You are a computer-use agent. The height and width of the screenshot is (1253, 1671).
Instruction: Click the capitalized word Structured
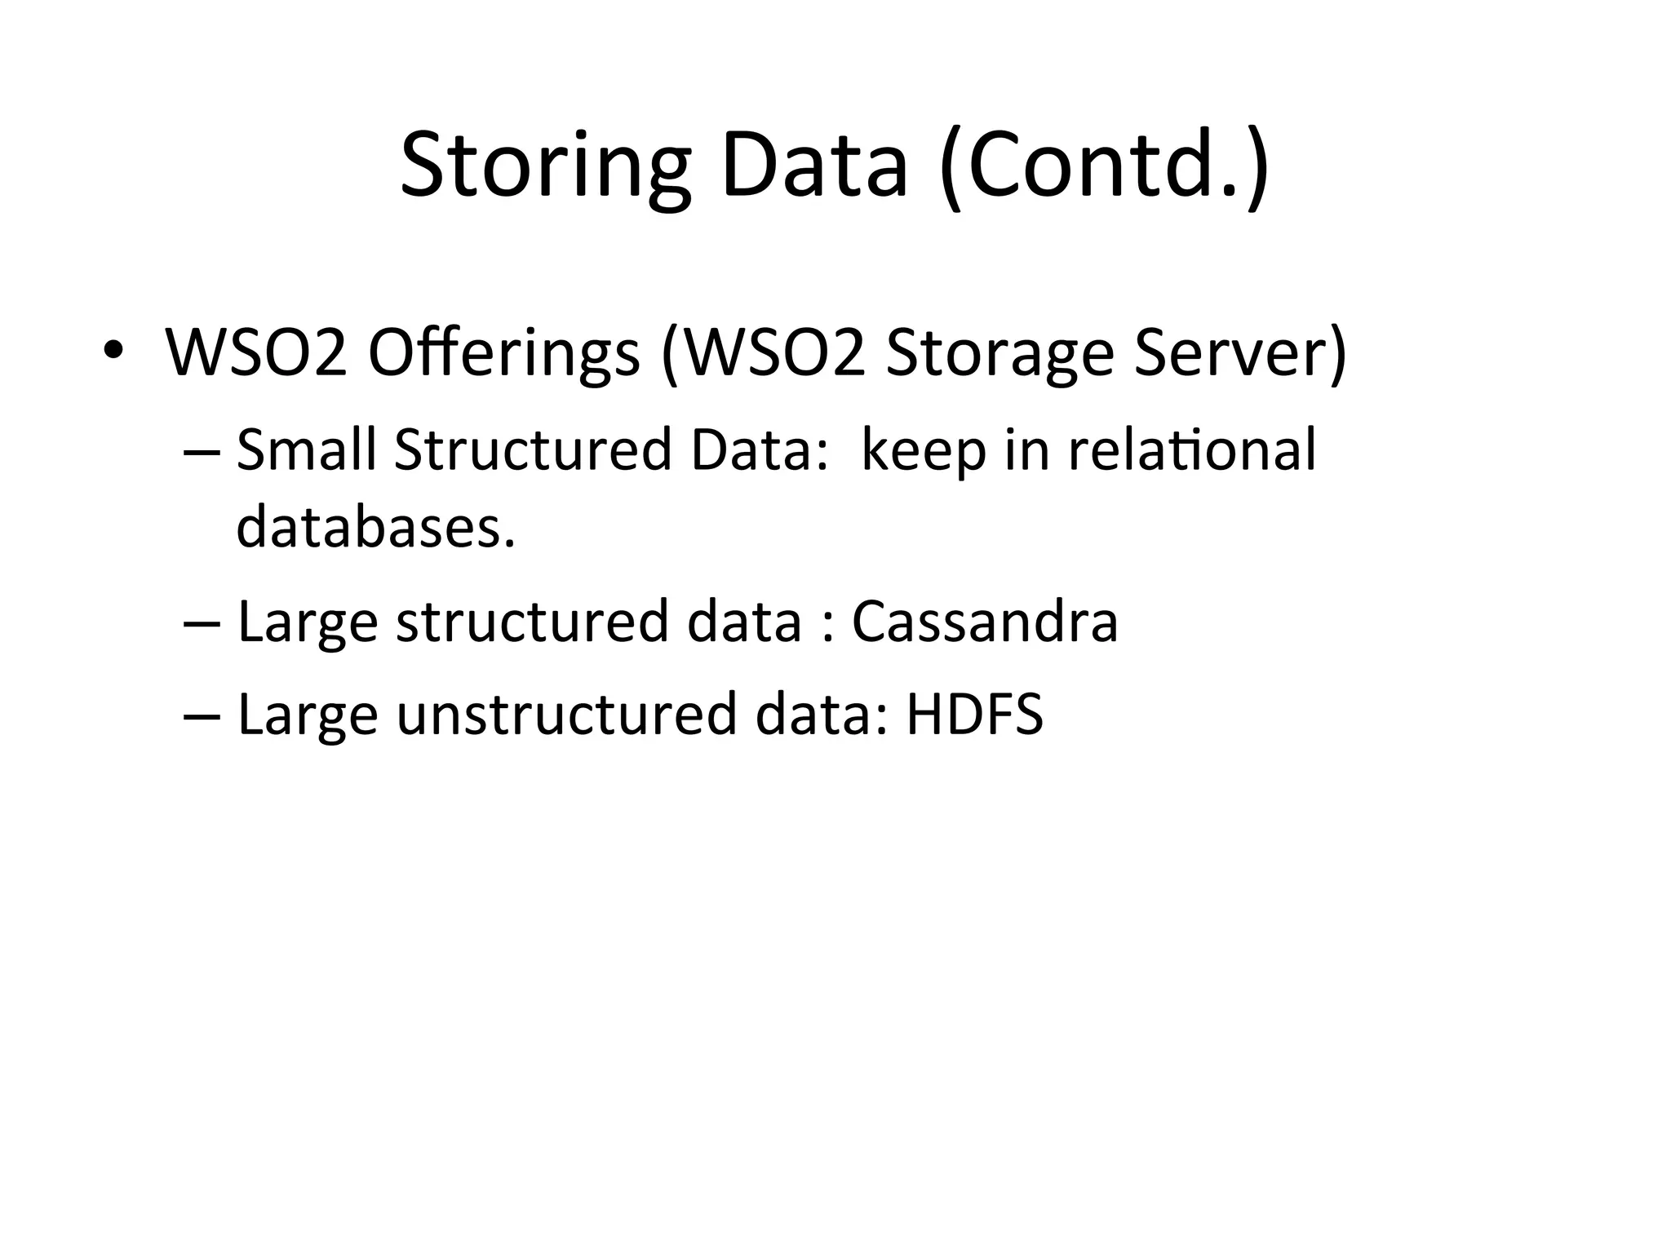[532, 449]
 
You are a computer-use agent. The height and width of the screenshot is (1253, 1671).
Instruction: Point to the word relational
[1192, 449]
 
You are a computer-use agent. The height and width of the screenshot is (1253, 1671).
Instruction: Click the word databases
[375, 527]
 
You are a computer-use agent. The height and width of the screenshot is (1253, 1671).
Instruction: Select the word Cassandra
[984, 622]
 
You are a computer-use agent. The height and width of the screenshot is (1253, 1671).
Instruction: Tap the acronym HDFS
[974, 714]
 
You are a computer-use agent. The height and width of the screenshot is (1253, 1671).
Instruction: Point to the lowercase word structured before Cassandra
[532, 622]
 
